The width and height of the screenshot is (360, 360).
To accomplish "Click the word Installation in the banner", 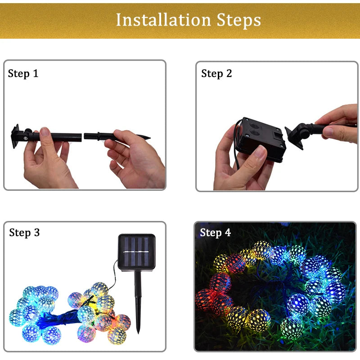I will click(163, 20).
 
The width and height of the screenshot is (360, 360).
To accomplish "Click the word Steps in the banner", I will click(238, 20).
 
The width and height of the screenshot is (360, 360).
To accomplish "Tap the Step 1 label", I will click(23, 74).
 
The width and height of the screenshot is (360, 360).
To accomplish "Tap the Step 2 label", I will click(216, 74).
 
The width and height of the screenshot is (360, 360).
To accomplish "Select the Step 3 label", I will click(24, 233).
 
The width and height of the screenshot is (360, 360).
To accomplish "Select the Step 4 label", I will click(215, 233).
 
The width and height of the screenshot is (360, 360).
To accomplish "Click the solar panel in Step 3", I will click(136, 252).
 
